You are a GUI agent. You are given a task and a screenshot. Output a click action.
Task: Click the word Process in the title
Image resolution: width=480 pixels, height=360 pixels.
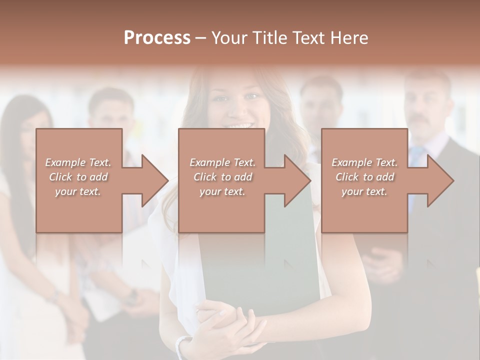point(157,38)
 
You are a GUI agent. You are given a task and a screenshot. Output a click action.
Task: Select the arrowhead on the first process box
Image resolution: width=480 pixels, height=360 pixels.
point(154,180)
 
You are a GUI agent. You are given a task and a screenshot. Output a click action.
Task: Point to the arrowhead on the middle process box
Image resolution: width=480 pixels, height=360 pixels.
point(297,180)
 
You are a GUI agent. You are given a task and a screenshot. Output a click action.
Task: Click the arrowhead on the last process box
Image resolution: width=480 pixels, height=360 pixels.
point(440,180)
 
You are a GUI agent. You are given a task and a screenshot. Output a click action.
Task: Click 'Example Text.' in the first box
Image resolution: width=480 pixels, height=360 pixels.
point(78,162)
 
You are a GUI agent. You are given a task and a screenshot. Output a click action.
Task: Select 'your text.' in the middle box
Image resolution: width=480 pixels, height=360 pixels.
point(222,191)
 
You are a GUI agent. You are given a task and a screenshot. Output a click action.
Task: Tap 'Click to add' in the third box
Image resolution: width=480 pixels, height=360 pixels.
point(365,177)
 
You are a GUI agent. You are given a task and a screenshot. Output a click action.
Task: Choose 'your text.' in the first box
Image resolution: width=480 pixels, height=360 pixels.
point(78,191)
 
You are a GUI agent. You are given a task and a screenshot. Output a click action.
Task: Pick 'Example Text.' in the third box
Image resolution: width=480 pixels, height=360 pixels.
point(365,162)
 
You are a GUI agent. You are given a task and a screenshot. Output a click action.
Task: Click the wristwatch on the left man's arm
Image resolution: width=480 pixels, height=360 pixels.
point(132,298)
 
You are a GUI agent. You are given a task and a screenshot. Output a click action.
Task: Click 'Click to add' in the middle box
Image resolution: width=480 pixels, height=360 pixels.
point(222,177)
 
